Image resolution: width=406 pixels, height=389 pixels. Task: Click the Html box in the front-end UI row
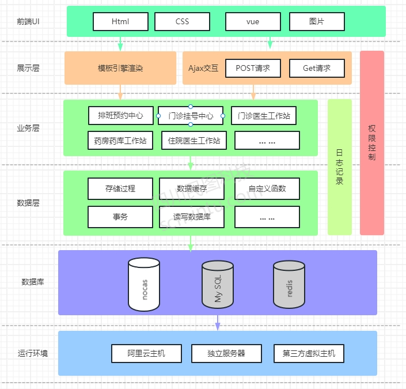point(120,22)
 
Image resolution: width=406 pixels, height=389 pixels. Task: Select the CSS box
point(183,22)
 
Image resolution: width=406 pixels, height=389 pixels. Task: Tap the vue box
point(252,22)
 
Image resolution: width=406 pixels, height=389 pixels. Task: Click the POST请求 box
point(253,69)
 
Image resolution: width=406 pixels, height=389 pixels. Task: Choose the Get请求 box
point(317,69)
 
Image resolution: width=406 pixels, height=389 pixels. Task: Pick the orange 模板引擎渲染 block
point(120,68)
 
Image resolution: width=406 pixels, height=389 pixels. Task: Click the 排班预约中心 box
point(120,115)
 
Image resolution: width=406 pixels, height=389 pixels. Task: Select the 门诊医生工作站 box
point(264,116)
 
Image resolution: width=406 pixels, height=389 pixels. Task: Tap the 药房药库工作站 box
point(120,140)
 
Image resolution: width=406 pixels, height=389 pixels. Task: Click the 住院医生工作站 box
point(193,140)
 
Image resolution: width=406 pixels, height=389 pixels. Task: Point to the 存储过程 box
point(120,188)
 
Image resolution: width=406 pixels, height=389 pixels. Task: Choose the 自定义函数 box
point(267,188)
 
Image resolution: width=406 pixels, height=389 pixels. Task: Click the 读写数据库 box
point(192,217)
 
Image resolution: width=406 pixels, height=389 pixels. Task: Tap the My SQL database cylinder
point(218,284)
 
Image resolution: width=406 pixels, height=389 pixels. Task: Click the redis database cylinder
point(289,284)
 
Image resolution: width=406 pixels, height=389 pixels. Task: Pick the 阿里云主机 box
point(146,353)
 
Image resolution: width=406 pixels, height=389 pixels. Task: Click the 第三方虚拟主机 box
point(309,353)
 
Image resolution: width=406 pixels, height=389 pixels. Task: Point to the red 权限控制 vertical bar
point(372,143)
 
